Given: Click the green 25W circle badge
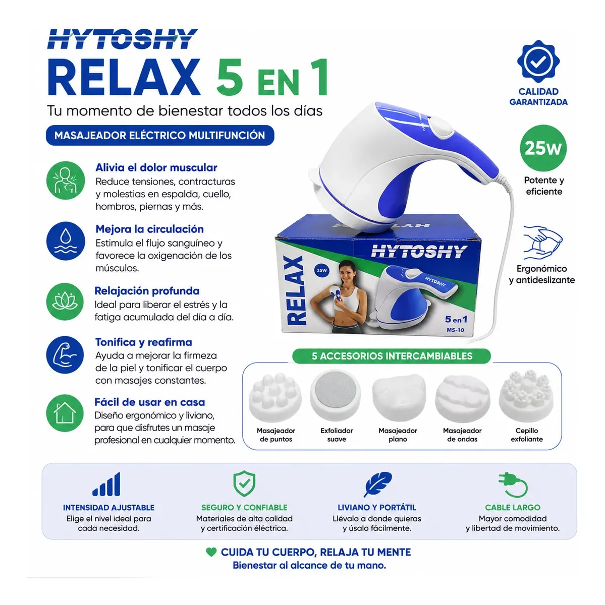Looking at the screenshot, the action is tap(543, 148).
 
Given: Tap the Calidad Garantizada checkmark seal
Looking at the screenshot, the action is tap(538, 61).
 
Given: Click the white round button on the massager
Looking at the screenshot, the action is tap(441, 127).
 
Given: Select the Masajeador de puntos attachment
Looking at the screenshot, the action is tap(275, 397).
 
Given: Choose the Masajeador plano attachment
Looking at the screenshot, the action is tap(398, 397).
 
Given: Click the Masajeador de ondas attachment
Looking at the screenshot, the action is tap(462, 398).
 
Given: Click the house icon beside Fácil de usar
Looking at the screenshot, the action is tap(65, 413).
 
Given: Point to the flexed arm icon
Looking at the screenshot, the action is tap(65, 354).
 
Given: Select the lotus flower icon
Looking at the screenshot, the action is tap(65, 301).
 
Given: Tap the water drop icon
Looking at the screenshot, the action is tap(66, 241).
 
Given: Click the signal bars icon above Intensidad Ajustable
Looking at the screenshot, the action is tap(106, 485).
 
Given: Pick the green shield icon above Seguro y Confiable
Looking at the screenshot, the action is tap(244, 483).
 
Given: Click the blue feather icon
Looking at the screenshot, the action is tap(378, 485).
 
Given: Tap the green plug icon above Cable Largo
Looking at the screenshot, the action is tap(513, 485).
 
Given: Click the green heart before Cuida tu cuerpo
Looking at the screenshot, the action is tap(211, 552).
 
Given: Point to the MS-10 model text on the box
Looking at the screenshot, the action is tap(455, 330).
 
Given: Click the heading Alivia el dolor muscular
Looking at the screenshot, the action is tap(156, 167).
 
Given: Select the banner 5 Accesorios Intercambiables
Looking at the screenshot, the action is tap(392, 356).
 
